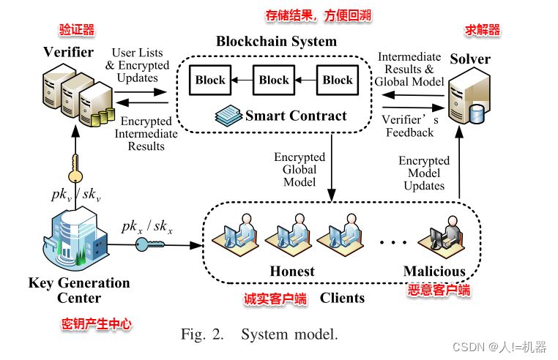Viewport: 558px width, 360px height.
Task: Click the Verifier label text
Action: pyautogui.click(x=68, y=52)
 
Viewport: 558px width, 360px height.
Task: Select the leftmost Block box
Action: pyautogui.click(x=210, y=80)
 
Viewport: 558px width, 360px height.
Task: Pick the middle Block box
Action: pyautogui.click(x=274, y=80)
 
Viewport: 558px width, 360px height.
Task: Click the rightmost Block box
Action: pyautogui.click(x=338, y=80)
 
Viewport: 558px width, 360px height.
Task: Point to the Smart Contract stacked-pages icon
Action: pyautogui.click(x=227, y=115)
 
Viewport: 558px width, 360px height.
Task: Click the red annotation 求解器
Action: pyautogui.click(x=483, y=30)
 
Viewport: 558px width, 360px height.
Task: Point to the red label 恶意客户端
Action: pyautogui.click(x=439, y=290)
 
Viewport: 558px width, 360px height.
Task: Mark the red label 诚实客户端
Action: pyautogui.click(x=275, y=299)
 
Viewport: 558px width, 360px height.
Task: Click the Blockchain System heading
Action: pyautogui.click(x=276, y=41)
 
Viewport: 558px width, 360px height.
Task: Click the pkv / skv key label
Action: pyautogui.click(x=75, y=195)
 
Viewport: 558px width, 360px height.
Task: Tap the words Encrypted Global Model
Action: pyautogui.click(x=300, y=170)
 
